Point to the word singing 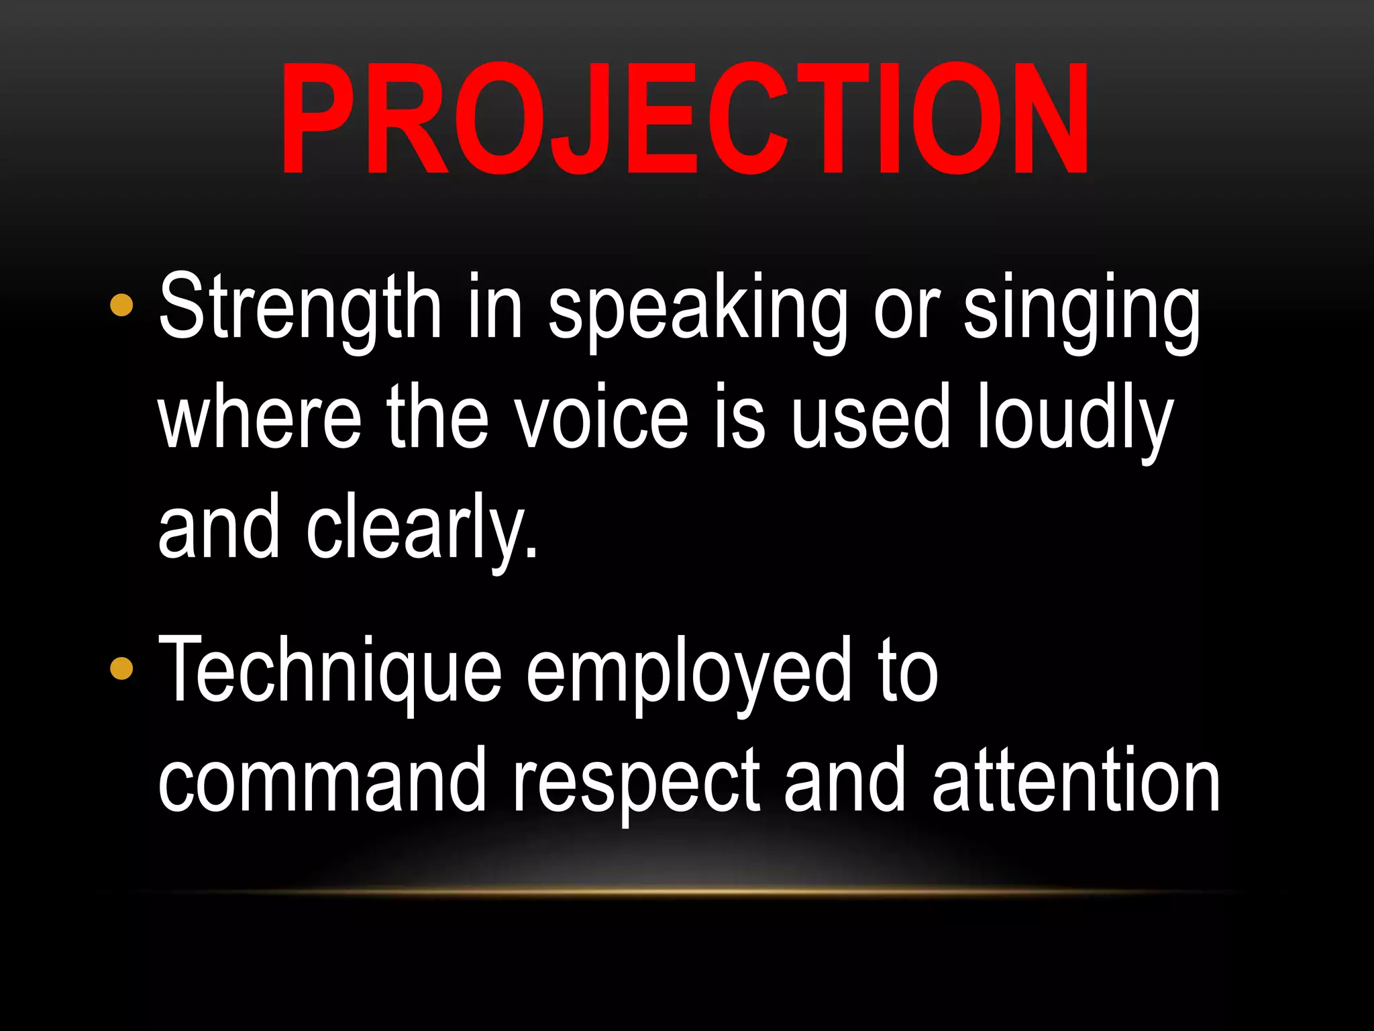(1081, 310)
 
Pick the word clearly (422, 528)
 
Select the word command (323, 781)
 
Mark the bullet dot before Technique (121, 669)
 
